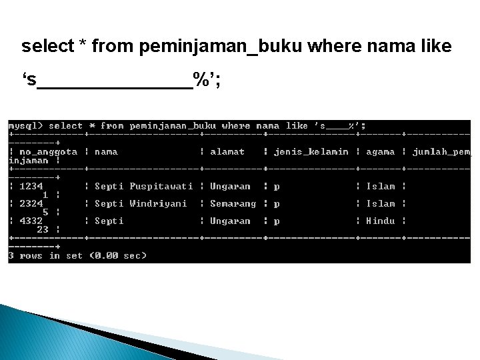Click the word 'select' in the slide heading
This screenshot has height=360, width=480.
coord(48,47)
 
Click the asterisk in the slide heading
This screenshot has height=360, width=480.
coord(83,45)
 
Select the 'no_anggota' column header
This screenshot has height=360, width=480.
coord(48,152)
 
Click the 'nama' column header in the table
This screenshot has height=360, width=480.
coord(106,152)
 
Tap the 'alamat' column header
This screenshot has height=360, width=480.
coord(227,152)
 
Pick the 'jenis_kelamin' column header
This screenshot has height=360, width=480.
coord(311,152)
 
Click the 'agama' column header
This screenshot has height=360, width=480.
coord(380,152)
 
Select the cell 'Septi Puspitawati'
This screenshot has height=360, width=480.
coord(143,187)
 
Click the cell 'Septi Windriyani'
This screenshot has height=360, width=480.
coord(141,204)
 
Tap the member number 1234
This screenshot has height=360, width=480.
coord(31,187)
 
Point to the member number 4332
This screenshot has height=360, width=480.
coord(31,221)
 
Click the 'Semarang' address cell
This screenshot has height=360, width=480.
coord(233,204)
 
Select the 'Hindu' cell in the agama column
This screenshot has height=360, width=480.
coord(380,221)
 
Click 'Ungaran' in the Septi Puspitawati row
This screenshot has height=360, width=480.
coord(230,187)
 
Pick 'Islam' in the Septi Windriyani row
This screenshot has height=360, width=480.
coord(380,204)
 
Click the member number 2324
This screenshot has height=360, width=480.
coord(31,204)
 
